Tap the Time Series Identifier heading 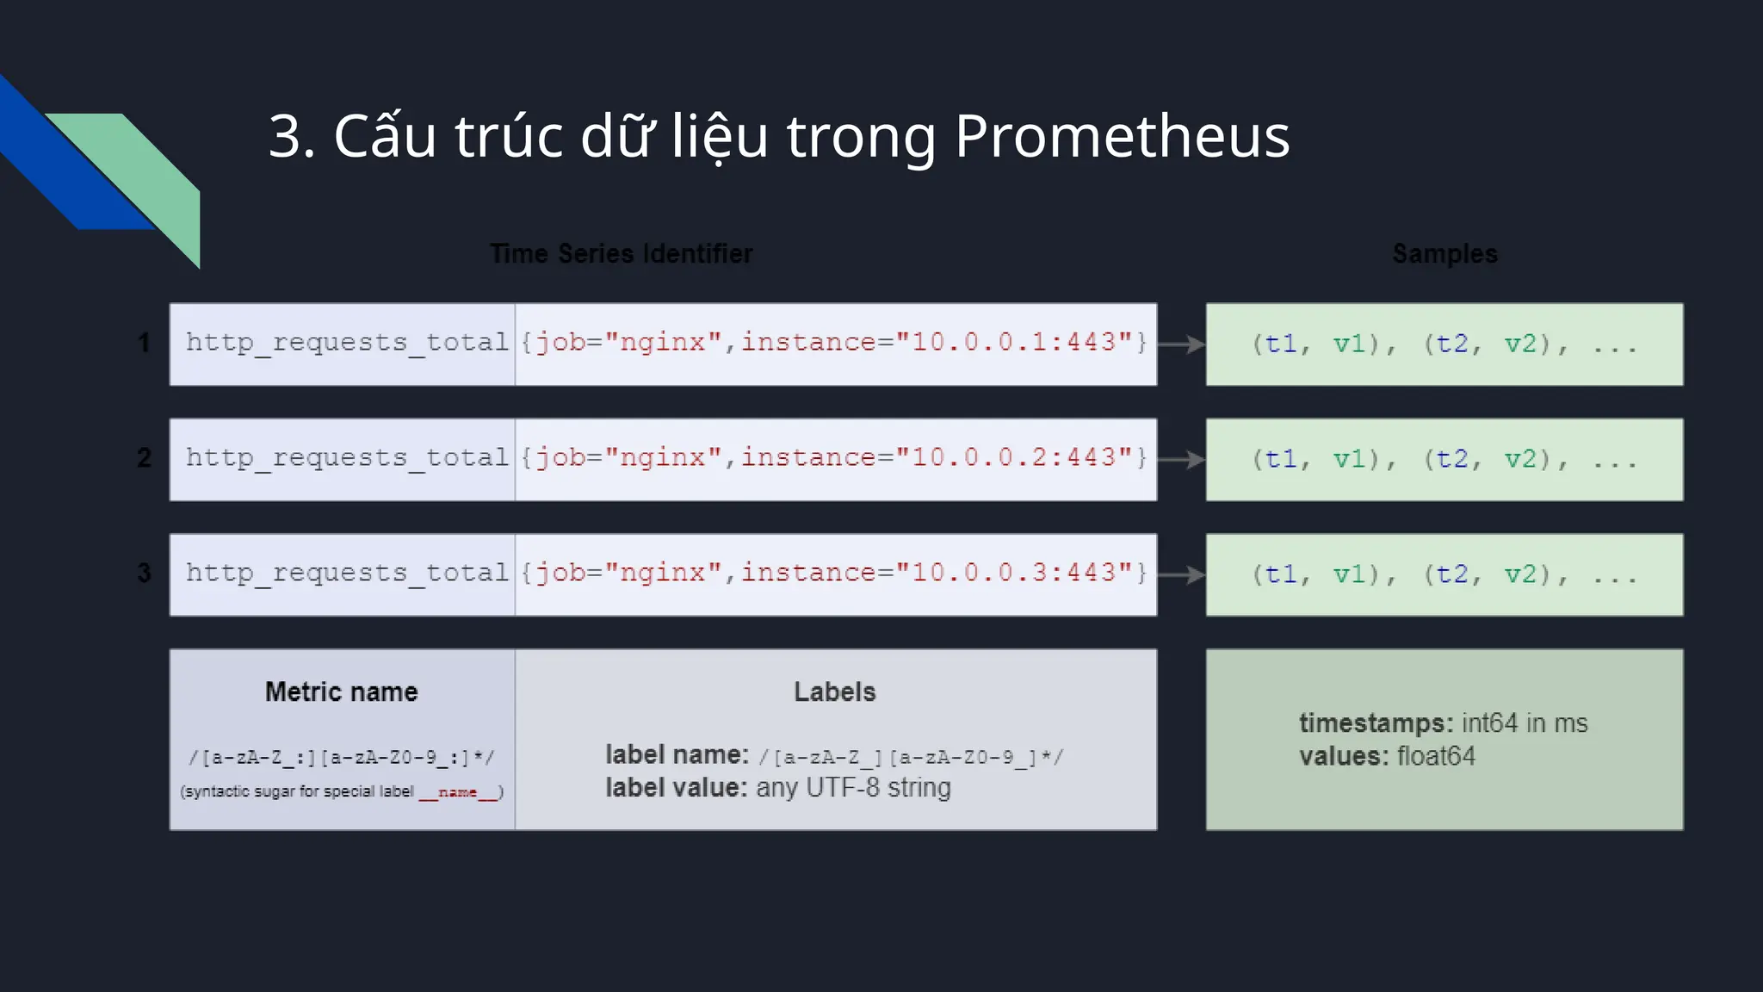(621, 253)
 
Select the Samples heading (1444, 253)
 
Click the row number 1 (144, 343)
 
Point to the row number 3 (144, 573)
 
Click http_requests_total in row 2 (347, 458)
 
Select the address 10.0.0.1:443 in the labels (1012, 343)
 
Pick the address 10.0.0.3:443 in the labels (1012, 573)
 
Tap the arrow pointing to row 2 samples (1181, 459)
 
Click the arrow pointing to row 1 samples (1181, 344)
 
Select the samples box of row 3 (1444, 574)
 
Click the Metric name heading (341, 691)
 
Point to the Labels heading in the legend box (834, 691)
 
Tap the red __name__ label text (458, 792)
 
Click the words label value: (676, 788)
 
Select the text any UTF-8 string (853, 788)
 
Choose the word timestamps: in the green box (1376, 722)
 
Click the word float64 (1436, 756)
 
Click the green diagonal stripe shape (146, 172)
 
